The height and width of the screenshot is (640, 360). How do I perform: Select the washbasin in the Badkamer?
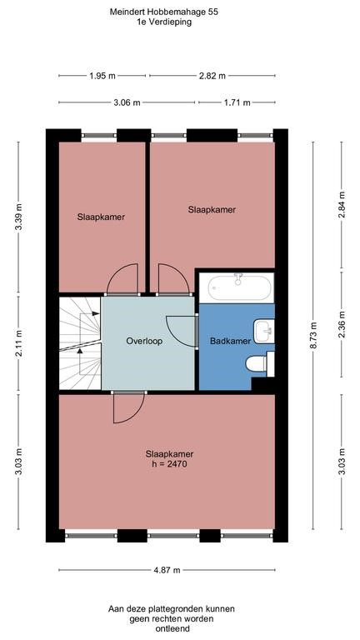click(266, 331)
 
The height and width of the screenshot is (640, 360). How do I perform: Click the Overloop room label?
click(144, 341)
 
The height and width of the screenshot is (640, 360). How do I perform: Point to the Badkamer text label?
click(226, 341)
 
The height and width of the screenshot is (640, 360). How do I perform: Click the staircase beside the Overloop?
click(78, 342)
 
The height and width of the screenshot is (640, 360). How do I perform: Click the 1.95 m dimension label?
click(103, 76)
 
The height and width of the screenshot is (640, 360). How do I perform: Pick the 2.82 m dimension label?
click(212, 76)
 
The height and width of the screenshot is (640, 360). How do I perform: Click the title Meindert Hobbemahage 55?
click(168, 12)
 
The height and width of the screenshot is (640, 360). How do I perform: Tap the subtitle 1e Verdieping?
click(168, 23)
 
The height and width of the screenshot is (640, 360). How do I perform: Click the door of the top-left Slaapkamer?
click(122, 280)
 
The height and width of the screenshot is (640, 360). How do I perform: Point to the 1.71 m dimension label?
click(237, 103)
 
